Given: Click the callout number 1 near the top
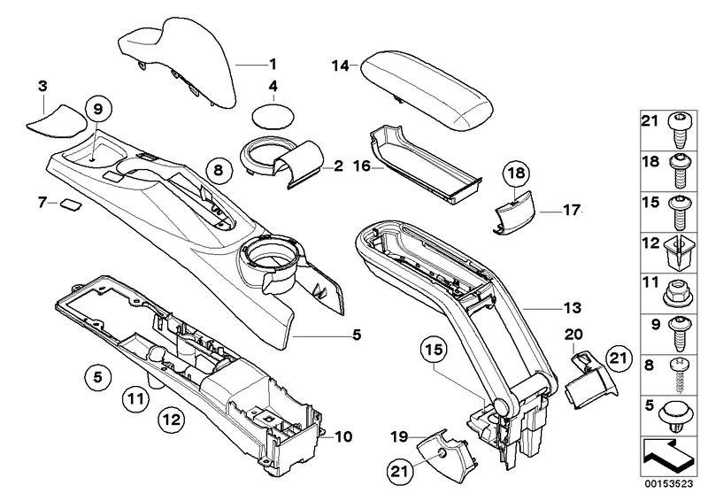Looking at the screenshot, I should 273,64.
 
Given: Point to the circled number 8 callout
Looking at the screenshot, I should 219,167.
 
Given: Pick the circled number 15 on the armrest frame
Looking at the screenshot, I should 431,351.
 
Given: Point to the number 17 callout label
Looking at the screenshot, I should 571,211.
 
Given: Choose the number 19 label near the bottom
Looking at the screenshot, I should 399,436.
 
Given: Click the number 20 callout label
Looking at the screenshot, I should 573,334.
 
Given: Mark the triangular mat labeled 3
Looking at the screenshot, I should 53,119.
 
